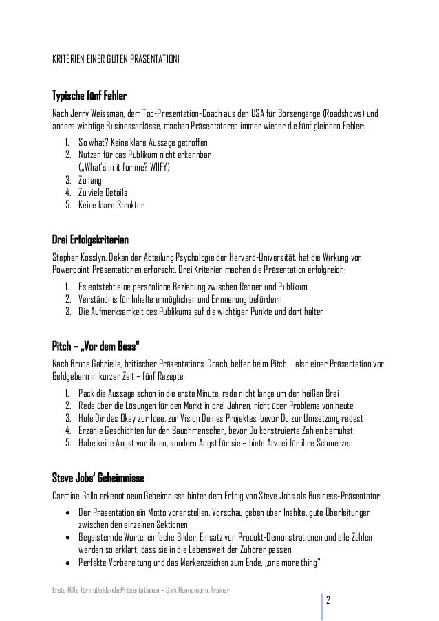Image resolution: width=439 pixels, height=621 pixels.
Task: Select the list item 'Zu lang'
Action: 91,180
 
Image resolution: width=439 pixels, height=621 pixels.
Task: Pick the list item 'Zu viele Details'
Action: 103,193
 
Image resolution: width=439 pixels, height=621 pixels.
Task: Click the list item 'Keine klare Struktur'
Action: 111,205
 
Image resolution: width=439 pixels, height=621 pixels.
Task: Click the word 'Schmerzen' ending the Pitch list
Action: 333,444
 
